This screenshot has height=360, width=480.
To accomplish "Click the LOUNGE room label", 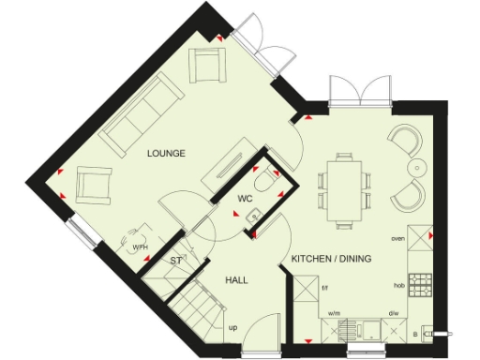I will (164, 152).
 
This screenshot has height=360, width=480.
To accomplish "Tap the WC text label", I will (244, 200).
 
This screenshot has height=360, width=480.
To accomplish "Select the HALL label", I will (236, 279).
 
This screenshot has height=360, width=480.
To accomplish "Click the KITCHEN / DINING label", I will (332, 258).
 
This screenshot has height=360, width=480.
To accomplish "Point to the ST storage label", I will (175, 262).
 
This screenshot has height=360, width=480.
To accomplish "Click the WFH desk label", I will (140, 247).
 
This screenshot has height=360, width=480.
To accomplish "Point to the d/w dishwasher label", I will (394, 314).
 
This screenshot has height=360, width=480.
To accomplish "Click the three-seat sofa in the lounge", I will (141, 114).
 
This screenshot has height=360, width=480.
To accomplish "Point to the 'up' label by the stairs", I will (233, 329).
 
